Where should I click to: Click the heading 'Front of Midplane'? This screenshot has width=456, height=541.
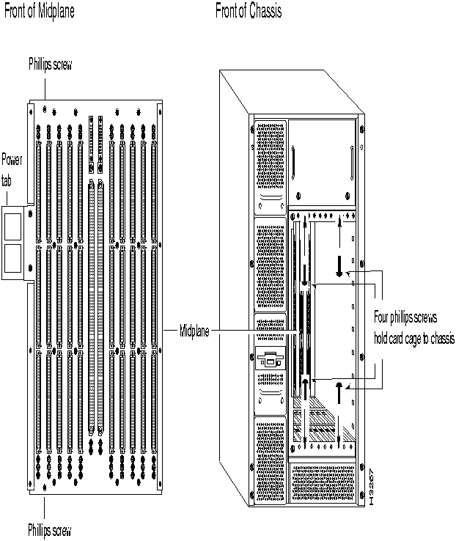pyautogui.click(x=40, y=11)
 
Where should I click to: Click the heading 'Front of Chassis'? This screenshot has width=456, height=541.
pyautogui.click(x=249, y=11)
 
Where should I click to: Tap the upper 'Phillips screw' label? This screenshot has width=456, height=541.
pyautogui.click(x=50, y=65)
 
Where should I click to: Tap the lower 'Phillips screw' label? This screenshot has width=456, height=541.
pyautogui.click(x=50, y=529)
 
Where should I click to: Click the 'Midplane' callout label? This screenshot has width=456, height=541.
pyautogui.click(x=196, y=331)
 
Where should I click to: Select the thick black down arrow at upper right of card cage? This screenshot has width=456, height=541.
pyautogui.click(x=338, y=265)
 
